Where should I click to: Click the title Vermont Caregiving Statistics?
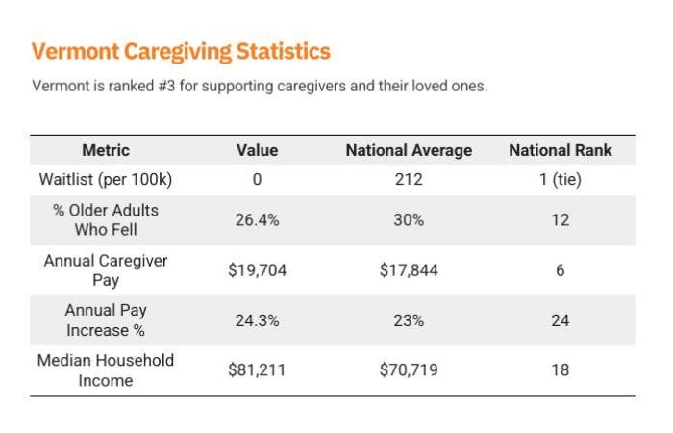[x=181, y=52]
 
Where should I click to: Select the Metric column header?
[x=106, y=150]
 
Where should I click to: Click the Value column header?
[x=257, y=150]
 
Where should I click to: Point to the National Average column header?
[x=409, y=150]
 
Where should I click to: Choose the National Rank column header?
[x=560, y=150]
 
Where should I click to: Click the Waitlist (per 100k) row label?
[x=106, y=180]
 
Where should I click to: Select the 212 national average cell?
[x=409, y=180]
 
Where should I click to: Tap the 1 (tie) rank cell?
[x=560, y=180]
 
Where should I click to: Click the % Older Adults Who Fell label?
[x=106, y=219]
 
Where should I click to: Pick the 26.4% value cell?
[x=257, y=219]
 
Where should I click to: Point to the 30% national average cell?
[x=409, y=219]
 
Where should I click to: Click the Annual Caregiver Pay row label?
[x=106, y=270]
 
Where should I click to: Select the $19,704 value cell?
[x=257, y=270]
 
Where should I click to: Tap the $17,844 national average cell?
[x=409, y=270]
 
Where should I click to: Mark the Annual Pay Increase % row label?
[x=106, y=320]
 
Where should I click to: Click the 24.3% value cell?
[x=257, y=320]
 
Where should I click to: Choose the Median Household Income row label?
[x=106, y=370]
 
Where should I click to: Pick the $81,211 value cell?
[x=257, y=370]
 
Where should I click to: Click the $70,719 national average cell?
[x=409, y=370]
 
